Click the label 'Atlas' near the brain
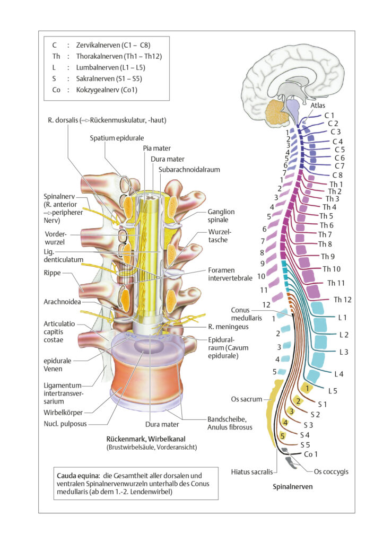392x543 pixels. [x=318, y=106]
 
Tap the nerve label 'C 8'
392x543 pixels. [x=337, y=175]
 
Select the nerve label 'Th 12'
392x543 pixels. [x=343, y=300]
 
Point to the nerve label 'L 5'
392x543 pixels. [x=333, y=391]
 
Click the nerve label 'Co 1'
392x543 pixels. [x=310, y=454]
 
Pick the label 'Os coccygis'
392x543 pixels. [x=331, y=471]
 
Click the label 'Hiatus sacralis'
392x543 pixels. [x=252, y=471]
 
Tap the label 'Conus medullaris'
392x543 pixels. [x=247, y=314]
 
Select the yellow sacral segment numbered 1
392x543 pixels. [x=307, y=388]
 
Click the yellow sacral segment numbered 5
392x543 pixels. [x=283, y=436]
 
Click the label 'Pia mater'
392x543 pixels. [x=157, y=148]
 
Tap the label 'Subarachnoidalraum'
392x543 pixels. [x=189, y=170]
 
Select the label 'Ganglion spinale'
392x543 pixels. [x=221, y=216]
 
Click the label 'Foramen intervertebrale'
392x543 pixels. [x=230, y=274]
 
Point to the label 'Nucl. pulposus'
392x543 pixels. [x=65, y=424]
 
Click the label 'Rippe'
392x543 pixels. [x=52, y=273]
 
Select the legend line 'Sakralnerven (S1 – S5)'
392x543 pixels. [x=109, y=78]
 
